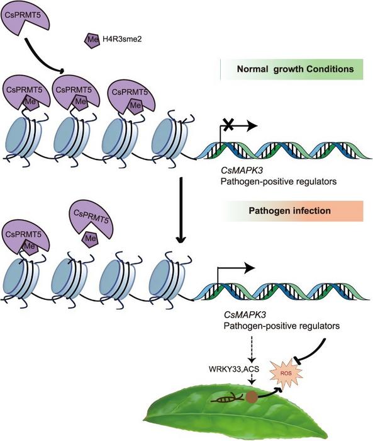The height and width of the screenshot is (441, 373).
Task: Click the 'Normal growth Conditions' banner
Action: (x=293, y=69)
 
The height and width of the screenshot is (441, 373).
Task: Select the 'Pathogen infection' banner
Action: (x=293, y=210)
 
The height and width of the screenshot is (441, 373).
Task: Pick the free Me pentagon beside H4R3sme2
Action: (x=91, y=40)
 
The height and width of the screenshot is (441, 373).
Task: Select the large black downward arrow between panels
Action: (x=181, y=212)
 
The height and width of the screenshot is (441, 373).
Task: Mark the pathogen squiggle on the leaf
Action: (x=230, y=397)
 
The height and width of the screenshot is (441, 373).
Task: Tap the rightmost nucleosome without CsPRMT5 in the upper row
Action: (x=169, y=135)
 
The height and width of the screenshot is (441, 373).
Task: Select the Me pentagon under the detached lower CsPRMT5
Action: (x=91, y=239)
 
